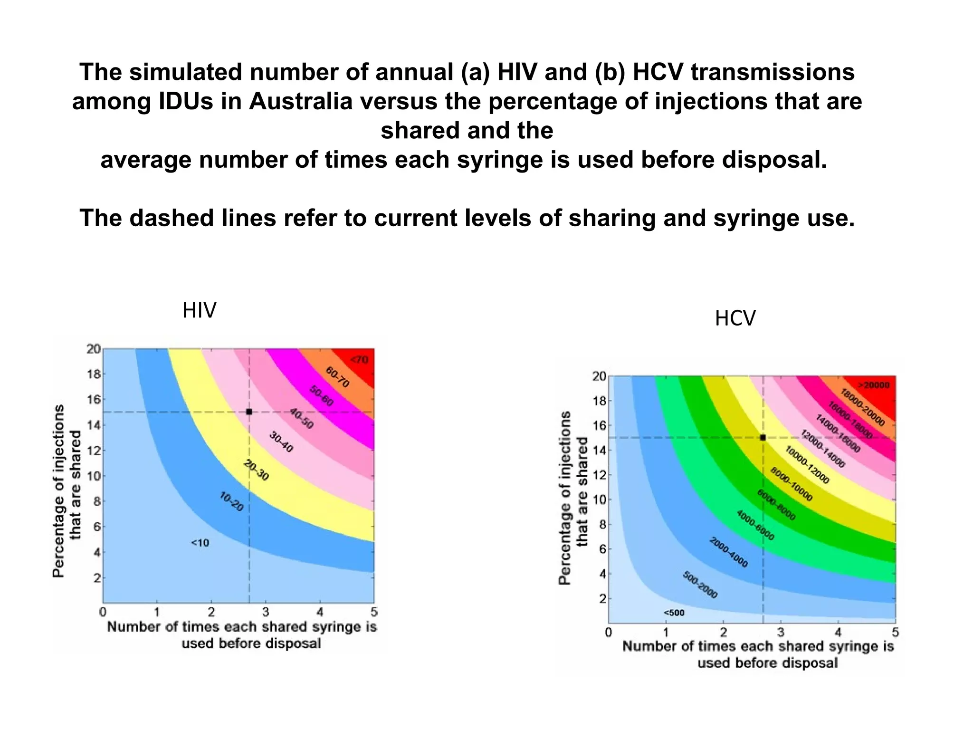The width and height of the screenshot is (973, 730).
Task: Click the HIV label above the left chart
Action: [x=199, y=311]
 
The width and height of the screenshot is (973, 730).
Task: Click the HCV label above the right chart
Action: [x=735, y=318]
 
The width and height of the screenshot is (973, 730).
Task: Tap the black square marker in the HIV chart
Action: [x=249, y=412]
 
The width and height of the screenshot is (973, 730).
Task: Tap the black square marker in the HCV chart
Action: [x=763, y=437]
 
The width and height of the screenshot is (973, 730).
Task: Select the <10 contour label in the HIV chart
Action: [x=200, y=543]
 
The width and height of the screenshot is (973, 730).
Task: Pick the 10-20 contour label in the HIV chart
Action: [x=232, y=502]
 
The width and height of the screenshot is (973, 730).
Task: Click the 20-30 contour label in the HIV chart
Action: [x=256, y=471]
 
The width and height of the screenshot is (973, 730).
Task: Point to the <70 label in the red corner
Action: [x=359, y=360]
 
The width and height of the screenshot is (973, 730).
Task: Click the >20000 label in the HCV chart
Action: [x=874, y=385]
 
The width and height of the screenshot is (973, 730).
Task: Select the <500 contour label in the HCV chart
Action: [x=674, y=613]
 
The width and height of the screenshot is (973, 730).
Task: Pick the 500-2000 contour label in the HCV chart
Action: [x=700, y=585]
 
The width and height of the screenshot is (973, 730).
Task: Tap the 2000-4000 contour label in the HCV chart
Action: [x=728, y=552]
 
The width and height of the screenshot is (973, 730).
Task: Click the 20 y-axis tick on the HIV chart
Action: [x=93, y=349]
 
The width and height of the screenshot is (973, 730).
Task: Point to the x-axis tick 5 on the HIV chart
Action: [x=374, y=611]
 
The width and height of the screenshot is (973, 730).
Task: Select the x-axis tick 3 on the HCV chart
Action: [x=781, y=633]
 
